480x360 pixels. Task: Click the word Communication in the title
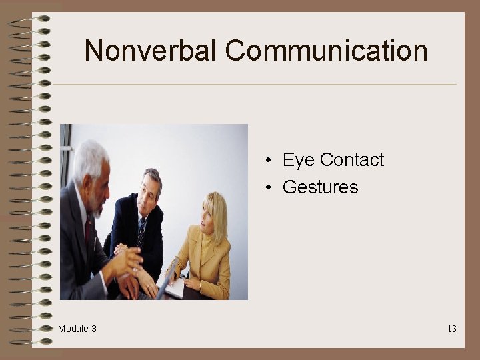(x=326, y=51)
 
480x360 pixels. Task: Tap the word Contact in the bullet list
(x=352, y=160)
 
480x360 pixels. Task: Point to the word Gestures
(x=321, y=187)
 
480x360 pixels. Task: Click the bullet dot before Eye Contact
(x=266, y=161)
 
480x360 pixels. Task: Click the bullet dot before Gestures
(x=266, y=188)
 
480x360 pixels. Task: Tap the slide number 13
(x=452, y=329)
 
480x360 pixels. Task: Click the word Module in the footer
(x=72, y=329)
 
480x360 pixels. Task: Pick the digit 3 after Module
(x=94, y=329)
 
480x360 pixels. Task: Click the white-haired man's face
(x=97, y=187)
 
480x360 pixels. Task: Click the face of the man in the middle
(x=150, y=191)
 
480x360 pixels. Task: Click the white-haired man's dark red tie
(x=89, y=230)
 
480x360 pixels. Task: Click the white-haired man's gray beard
(x=99, y=208)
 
